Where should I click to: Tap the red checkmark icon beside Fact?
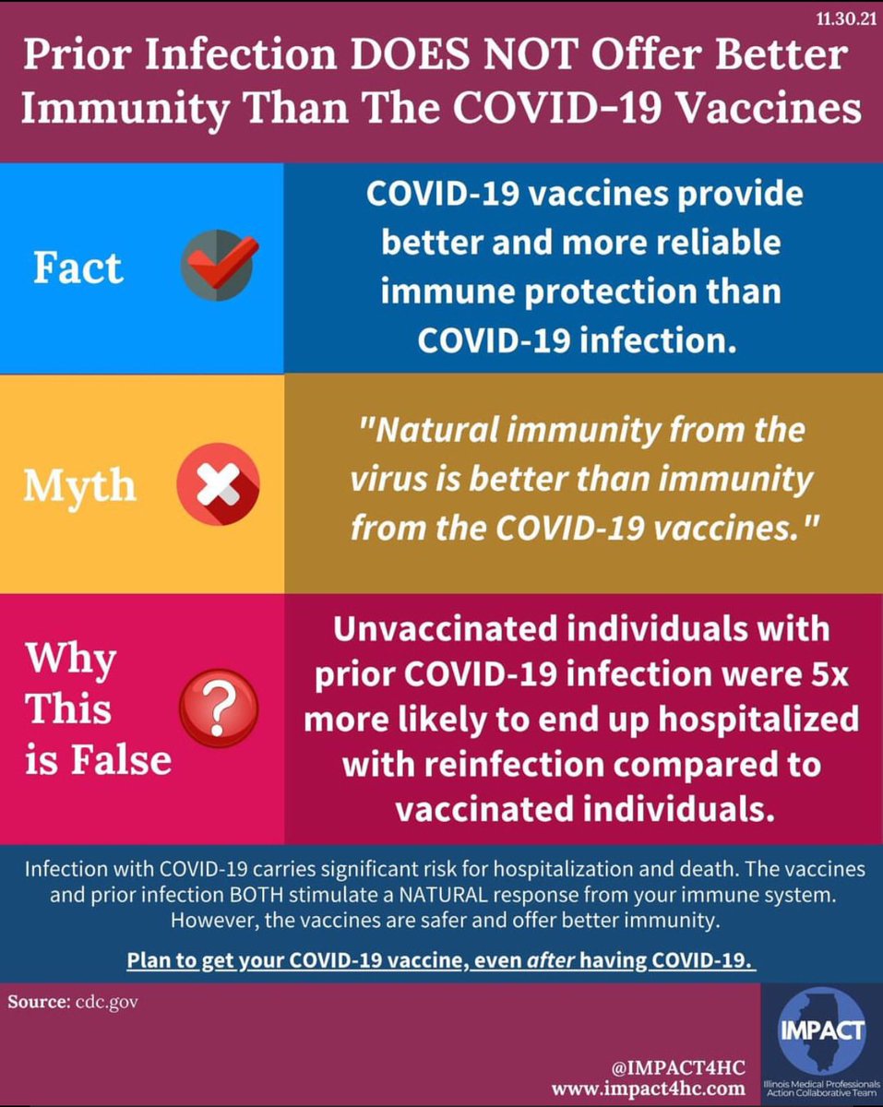tap(219, 266)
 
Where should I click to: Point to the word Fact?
tap(78, 268)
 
